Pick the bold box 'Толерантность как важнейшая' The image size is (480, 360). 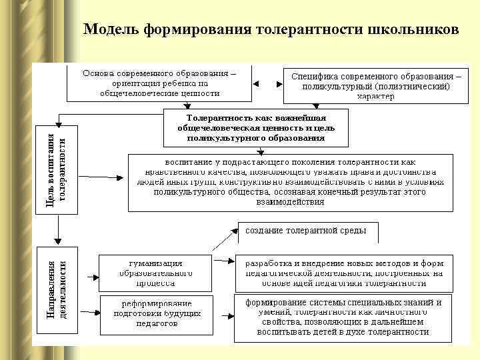255,127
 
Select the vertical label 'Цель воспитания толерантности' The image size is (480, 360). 55,170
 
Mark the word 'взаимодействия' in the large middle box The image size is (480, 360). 290,201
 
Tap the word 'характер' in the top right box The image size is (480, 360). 375,96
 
